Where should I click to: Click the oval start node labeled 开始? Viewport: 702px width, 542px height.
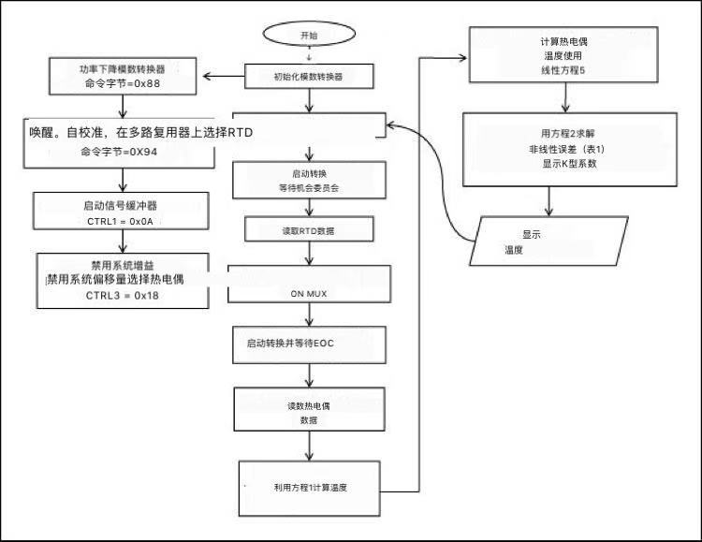[308, 34]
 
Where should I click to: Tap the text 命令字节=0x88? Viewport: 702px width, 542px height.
[122, 85]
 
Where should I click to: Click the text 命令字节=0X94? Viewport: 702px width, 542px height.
[119, 152]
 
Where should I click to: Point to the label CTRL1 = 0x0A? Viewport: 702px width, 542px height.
[118, 221]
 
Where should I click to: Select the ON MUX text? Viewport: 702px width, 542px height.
[308, 294]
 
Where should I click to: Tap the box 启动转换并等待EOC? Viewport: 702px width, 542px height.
[309, 344]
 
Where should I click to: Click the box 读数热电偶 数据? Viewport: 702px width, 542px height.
[308, 414]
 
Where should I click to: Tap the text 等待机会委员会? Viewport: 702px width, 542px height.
[308, 187]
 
